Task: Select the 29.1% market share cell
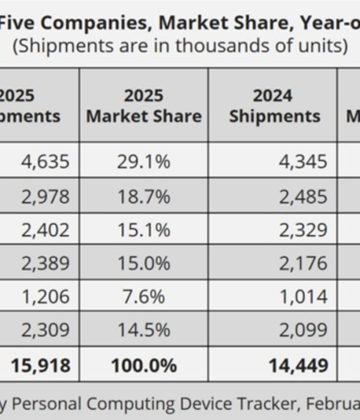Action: click(143, 161)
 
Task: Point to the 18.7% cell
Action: click(143, 196)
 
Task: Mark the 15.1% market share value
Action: click(143, 230)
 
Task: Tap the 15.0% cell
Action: click(143, 263)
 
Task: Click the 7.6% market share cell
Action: click(143, 296)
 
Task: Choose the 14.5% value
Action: click(143, 330)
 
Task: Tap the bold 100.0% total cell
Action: click(143, 364)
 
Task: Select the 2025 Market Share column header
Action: click(143, 106)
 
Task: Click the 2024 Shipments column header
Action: click(274, 106)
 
